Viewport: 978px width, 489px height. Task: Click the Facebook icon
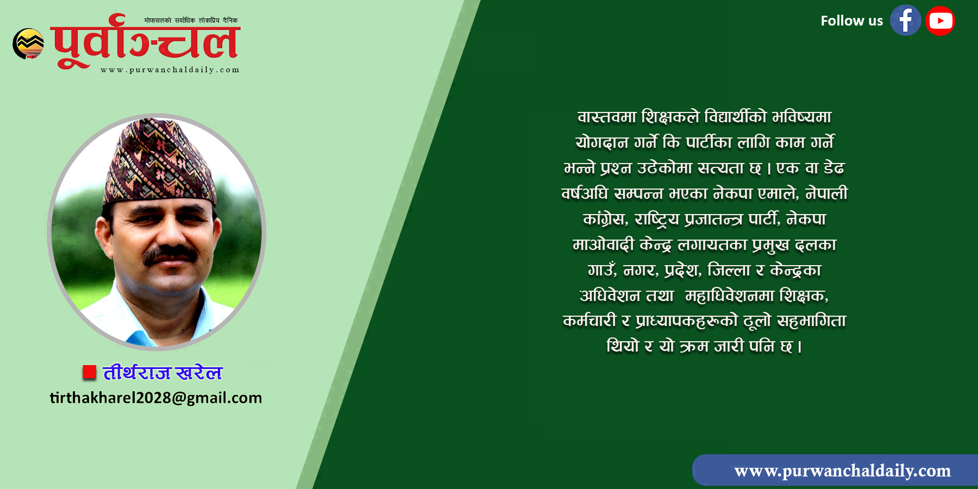click(905, 21)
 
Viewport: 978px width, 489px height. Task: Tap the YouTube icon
click(941, 21)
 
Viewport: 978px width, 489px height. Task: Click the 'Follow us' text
click(851, 21)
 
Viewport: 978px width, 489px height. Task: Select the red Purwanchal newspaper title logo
click(146, 42)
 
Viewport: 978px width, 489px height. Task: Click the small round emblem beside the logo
click(28, 43)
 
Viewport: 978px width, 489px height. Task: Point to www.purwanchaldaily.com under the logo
click(170, 70)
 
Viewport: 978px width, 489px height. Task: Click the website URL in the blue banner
click(842, 471)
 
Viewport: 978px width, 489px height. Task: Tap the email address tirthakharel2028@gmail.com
click(156, 398)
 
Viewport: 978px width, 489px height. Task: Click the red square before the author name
click(89, 372)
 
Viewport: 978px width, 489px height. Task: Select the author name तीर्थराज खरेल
click(162, 372)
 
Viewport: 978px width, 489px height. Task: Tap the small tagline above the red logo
click(191, 21)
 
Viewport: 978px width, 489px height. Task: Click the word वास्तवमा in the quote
click(606, 117)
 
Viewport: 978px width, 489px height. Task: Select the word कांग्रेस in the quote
click(605, 219)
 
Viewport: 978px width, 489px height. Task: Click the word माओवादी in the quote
click(603, 244)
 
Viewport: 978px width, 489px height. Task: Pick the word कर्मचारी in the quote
click(590, 321)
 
